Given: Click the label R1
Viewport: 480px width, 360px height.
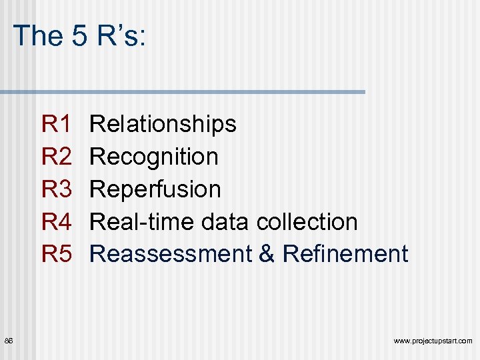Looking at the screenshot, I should pos(56,124).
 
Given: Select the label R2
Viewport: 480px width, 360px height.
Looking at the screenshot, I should pos(56,157).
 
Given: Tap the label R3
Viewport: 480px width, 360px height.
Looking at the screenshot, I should pos(56,189).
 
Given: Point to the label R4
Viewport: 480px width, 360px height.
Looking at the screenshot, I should pos(56,221).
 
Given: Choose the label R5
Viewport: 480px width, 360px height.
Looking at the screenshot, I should pos(56,254).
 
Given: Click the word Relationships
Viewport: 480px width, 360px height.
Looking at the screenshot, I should pos(163,124).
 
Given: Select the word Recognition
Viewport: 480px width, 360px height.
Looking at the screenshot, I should pos(154,157).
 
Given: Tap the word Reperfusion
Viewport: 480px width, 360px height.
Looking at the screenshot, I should pos(155,189).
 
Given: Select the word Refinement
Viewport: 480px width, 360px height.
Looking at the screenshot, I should pos(345,254).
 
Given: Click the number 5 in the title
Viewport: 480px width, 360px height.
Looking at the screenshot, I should pos(80,35).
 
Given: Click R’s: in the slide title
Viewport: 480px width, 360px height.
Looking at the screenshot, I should pos(121,35).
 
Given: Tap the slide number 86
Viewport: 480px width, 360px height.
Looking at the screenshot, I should pos(9,341).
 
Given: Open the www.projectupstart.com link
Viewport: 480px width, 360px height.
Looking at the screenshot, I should pos(433,341).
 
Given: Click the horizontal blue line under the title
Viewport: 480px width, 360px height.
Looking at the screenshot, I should pos(183,92).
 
